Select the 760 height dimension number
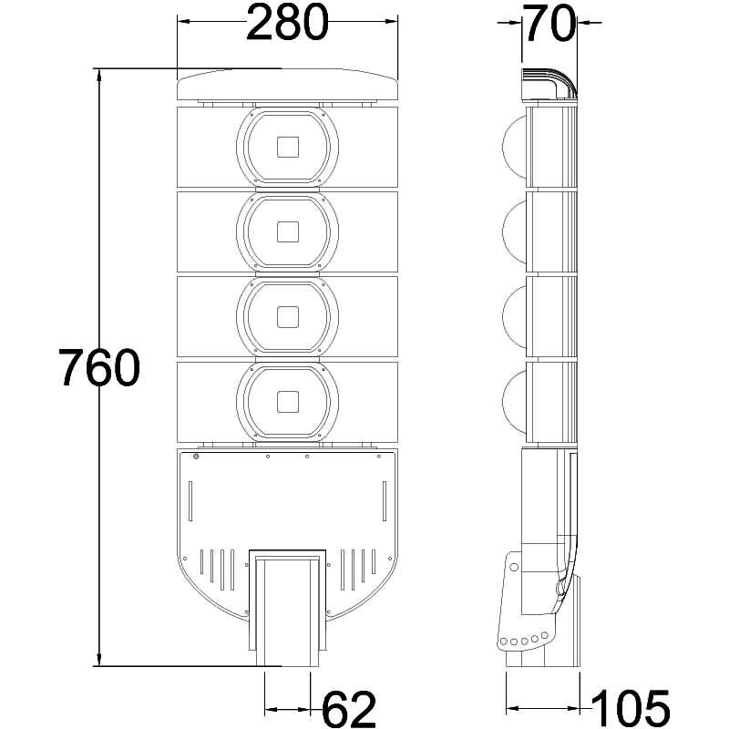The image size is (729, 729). (x=98, y=367)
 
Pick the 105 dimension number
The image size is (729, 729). (x=631, y=708)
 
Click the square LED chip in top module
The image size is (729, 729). (x=288, y=146)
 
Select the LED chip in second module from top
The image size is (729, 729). (x=288, y=231)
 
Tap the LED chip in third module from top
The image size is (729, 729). (x=288, y=316)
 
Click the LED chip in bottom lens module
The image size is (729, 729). (x=288, y=401)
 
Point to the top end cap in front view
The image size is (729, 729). (x=288, y=87)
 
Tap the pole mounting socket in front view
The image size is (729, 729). (x=288, y=606)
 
